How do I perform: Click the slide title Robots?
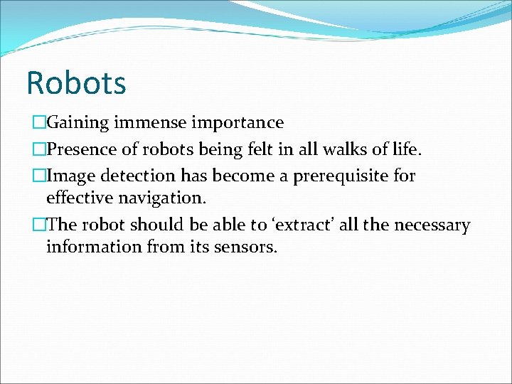76,82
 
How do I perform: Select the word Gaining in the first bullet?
76,123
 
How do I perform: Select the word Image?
69,175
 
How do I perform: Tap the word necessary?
430,226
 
